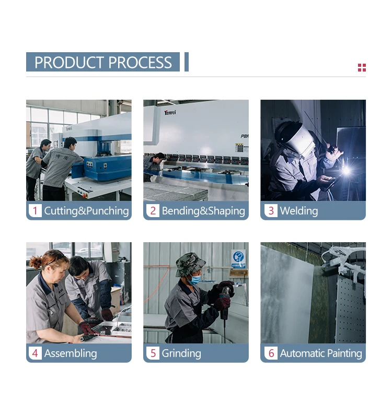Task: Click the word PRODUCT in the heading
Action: coord(70,62)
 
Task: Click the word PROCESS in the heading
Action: coord(140,62)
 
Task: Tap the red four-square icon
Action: coord(362,68)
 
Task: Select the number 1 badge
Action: coord(35,211)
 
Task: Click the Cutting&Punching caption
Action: coord(86,211)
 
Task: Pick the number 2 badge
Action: coord(153,211)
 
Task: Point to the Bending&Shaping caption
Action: coord(203,211)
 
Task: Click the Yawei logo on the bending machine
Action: coord(170,112)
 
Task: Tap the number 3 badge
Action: coord(271,211)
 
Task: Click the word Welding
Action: coord(299,211)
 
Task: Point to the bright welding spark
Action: coord(347,171)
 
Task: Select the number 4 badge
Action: coord(35,353)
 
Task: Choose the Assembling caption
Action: coord(71,353)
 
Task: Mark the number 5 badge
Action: coord(153,353)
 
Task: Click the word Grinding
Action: coord(181,353)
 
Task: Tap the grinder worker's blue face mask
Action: coord(195,280)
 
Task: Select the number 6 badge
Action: coord(271,353)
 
